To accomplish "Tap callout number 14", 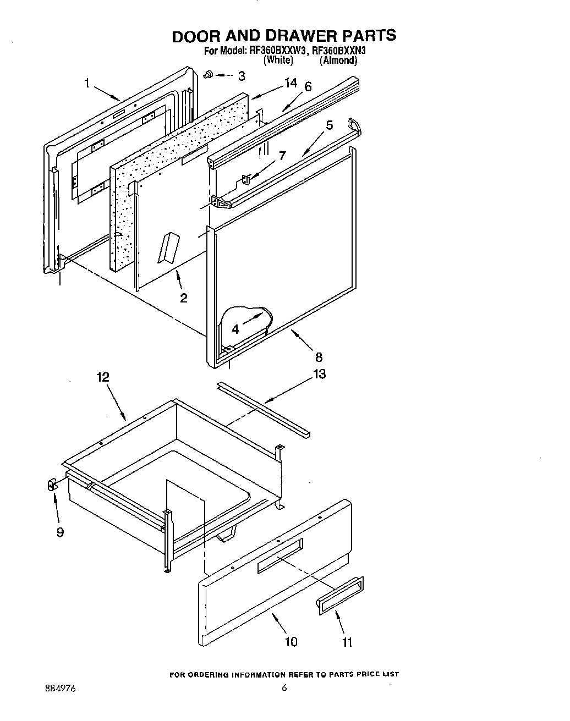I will pos(291,83).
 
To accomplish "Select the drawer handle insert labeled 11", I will pos(339,595).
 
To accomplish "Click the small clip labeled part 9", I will pos(52,485).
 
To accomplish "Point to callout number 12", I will pos(102,377).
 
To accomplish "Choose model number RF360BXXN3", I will pos(339,51).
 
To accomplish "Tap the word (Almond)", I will pos(338,60).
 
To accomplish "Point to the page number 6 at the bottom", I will pos(284,687).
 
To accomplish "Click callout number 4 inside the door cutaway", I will pos(235,329).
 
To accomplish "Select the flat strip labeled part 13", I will pos(263,406).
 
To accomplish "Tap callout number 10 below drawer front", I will pos(291,641).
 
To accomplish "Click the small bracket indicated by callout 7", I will pos(246,179).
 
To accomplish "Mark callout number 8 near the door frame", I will pos(319,357).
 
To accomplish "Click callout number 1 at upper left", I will pos(87,84).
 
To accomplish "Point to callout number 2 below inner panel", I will pos(183,298).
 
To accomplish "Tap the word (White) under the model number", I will pos(278,60).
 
